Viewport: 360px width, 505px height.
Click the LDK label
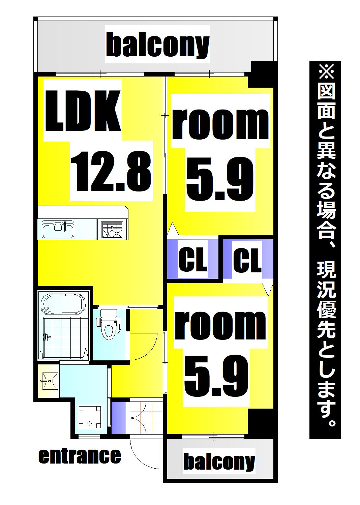(83, 111)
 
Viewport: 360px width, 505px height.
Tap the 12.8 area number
(110, 171)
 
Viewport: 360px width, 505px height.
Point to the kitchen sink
(58, 229)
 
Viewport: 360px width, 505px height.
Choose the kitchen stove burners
(112, 230)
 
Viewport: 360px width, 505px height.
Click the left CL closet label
(192, 259)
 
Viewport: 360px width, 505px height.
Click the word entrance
(80, 456)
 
